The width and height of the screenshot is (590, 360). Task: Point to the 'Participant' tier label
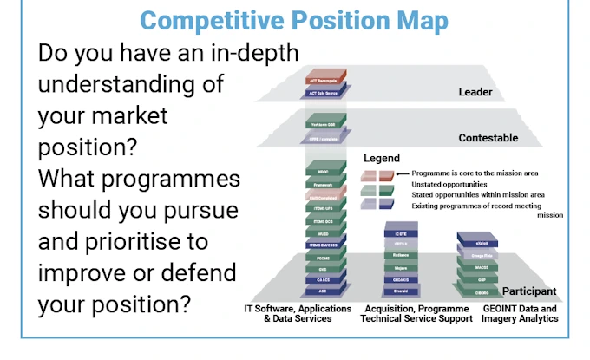click(524, 291)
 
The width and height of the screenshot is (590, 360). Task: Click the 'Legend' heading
click(381, 159)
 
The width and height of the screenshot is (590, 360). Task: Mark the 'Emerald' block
click(402, 292)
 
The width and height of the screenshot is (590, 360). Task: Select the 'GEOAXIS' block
click(402, 281)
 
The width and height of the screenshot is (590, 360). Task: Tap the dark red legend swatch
click(386, 174)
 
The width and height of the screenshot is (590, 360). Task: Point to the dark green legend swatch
click(386, 189)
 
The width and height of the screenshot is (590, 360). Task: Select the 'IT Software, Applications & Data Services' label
click(297, 314)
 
